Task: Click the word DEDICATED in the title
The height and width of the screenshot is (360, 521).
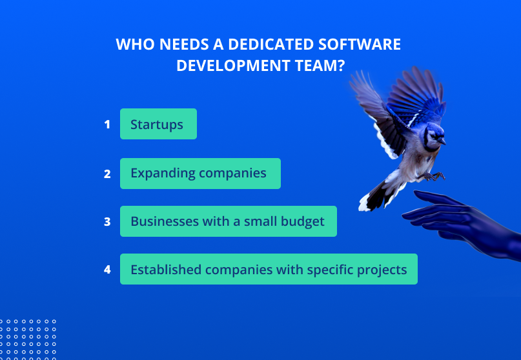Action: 271,44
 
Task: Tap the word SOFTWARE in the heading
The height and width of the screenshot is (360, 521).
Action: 360,44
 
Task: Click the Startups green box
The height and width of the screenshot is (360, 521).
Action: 158,124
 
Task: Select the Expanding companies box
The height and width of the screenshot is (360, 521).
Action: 200,174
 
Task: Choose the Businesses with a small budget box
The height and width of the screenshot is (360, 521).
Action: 229,221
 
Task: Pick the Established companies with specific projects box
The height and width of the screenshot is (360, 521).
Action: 269,269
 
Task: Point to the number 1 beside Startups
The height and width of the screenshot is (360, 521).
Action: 107,125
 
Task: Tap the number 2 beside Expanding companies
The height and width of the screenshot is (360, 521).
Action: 107,174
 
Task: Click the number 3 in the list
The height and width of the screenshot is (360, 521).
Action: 107,221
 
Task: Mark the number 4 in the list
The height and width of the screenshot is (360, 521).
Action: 107,269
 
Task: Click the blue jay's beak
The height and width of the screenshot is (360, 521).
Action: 442,141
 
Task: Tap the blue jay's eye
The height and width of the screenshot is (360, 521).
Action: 433,136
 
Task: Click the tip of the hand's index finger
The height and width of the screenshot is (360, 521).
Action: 415,192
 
